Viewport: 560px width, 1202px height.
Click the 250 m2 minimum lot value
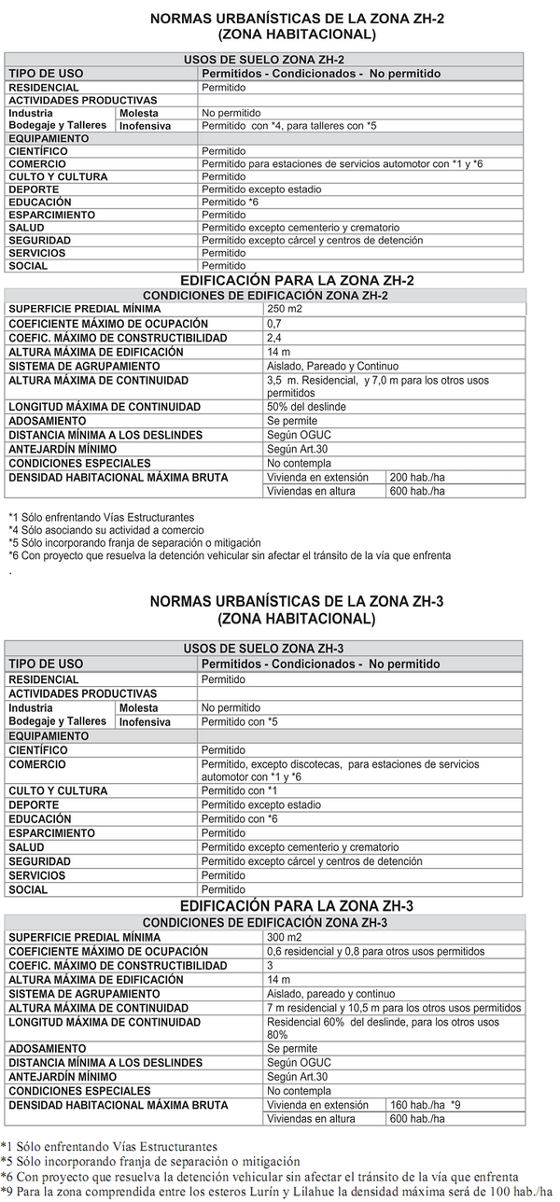[285, 309]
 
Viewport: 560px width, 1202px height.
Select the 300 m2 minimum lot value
[285, 937]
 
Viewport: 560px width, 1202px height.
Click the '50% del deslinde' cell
[306, 407]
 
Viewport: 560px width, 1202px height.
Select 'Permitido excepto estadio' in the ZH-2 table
[261, 189]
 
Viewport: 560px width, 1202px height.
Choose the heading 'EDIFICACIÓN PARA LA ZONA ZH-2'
[296, 279]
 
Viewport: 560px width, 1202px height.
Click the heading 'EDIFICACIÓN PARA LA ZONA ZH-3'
[296, 905]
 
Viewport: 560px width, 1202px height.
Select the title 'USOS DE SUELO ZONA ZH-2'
[264, 59]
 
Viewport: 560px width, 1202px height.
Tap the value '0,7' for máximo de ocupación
[273, 323]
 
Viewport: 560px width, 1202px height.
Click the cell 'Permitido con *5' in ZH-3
[240, 721]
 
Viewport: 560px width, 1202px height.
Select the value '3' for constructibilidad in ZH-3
[271, 965]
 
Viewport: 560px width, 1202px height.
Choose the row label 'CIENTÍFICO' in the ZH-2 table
[38, 151]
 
